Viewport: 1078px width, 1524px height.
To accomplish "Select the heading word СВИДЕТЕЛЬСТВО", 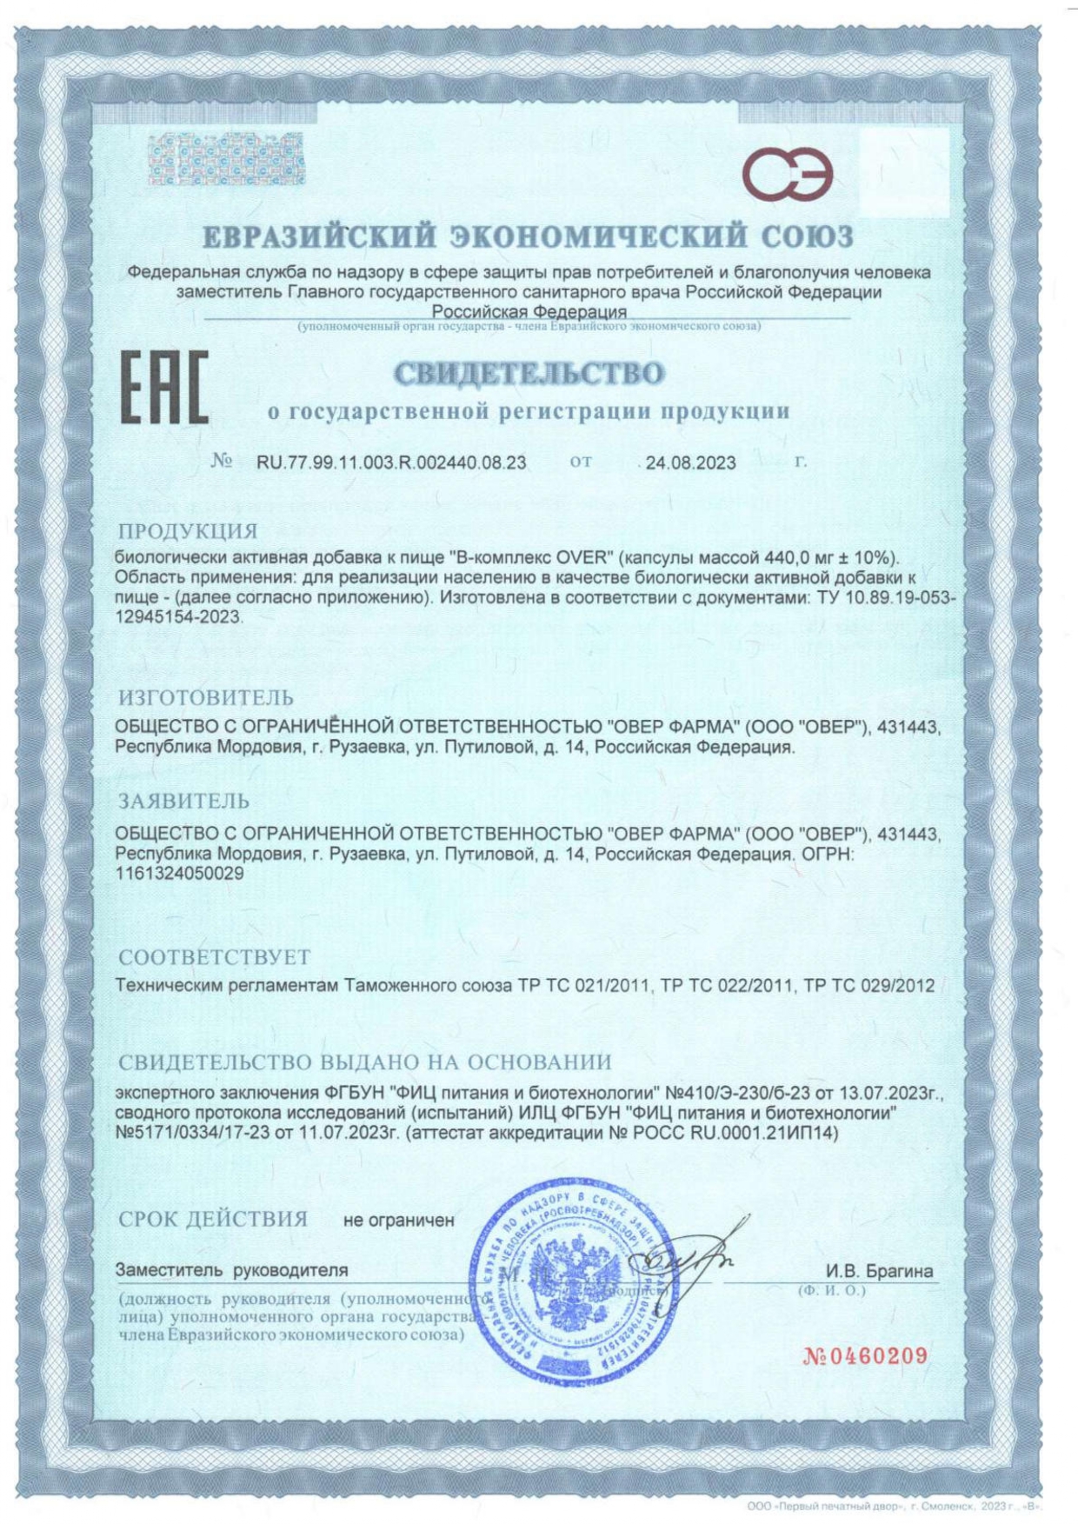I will pyautogui.click(x=529, y=374).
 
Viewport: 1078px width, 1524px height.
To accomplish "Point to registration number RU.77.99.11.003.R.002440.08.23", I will pyautogui.click(x=391, y=463).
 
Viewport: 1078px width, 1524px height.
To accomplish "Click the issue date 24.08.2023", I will pyautogui.click(x=690, y=463).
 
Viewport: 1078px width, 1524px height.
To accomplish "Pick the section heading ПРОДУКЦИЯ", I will pyautogui.click(x=188, y=531).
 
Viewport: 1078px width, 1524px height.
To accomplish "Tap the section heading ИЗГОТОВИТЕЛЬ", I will pyautogui.click(x=206, y=697).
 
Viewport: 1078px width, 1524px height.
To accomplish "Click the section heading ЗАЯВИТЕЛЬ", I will pyautogui.click(x=183, y=800).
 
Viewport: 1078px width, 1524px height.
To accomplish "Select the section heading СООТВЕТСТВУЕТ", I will pyautogui.click(x=214, y=957).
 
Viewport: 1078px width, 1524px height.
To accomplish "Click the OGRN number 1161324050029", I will pyautogui.click(x=179, y=874).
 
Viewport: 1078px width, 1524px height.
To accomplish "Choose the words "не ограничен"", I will pyautogui.click(x=399, y=1221).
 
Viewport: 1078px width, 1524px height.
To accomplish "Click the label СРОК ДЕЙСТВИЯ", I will pyautogui.click(x=213, y=1219).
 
